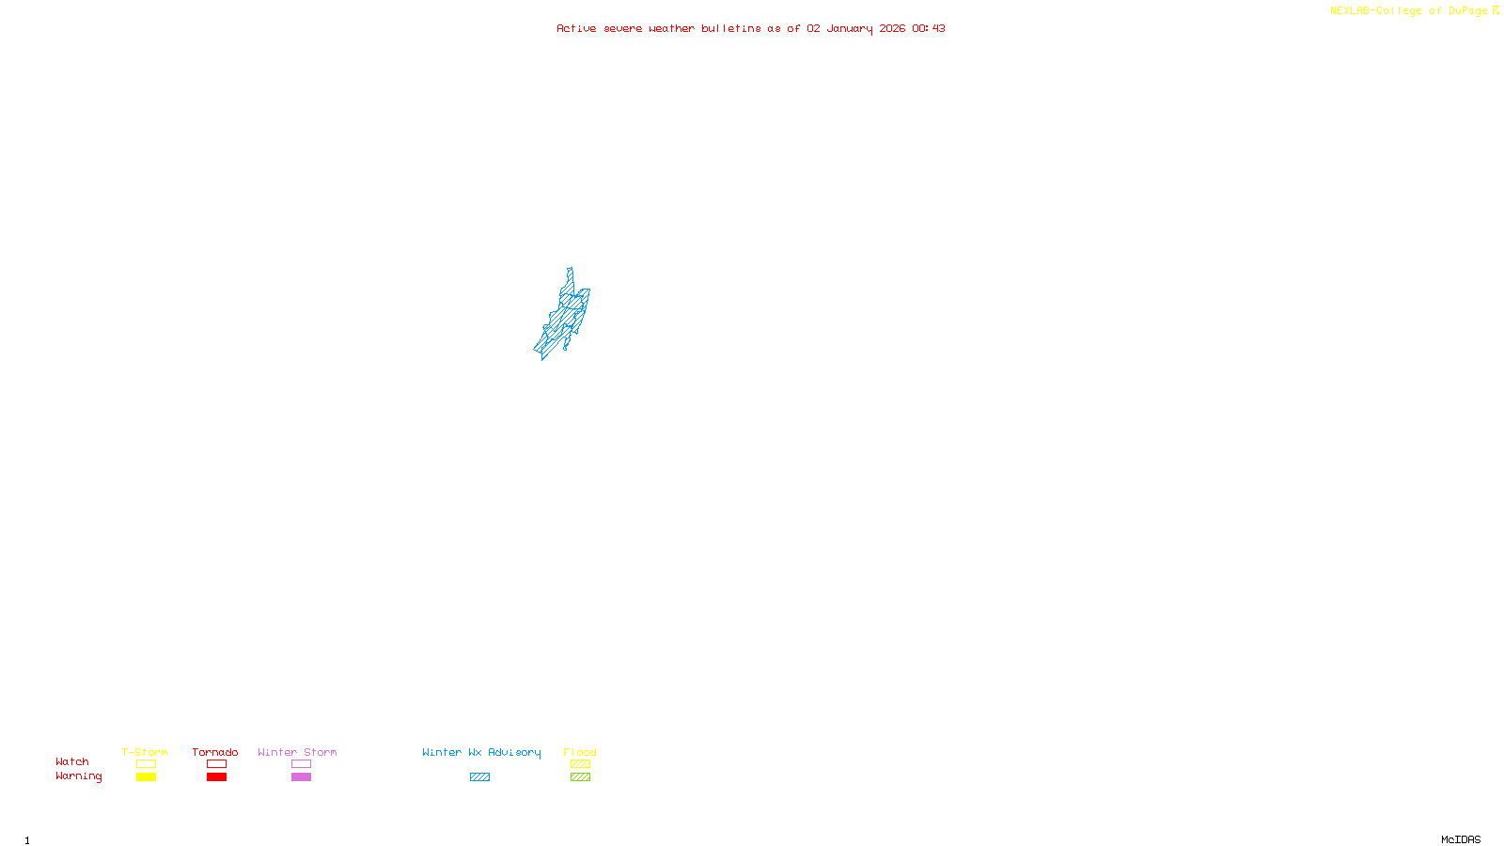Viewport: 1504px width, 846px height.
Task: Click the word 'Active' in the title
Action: pos(575,28)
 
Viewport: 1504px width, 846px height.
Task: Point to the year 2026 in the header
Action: pos(892,28)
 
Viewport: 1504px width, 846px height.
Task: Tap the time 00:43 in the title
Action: pos(929,28)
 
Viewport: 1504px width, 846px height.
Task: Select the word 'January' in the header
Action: pos(850,28)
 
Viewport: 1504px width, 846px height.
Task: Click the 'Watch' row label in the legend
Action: pos(72,761)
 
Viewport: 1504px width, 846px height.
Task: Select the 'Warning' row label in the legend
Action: pos(79,776)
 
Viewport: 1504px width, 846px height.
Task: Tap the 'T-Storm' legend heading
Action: pos(145,752)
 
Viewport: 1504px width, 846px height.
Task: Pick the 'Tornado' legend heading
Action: pos(215,752)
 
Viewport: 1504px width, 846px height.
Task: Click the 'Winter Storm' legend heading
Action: pos(297,752)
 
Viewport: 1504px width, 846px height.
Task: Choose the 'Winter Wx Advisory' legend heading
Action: pos(481,752)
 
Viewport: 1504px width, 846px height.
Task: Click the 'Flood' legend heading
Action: pos(580,752)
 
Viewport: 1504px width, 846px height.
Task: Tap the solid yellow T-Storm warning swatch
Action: pos(146,777)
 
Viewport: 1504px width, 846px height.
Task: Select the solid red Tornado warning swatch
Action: pos(217,777)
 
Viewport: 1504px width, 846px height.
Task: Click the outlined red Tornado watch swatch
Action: pos(217,764)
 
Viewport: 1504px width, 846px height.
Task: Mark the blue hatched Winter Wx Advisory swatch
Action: pos(479,777)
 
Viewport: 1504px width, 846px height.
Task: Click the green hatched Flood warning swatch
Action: pos(580,777)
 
